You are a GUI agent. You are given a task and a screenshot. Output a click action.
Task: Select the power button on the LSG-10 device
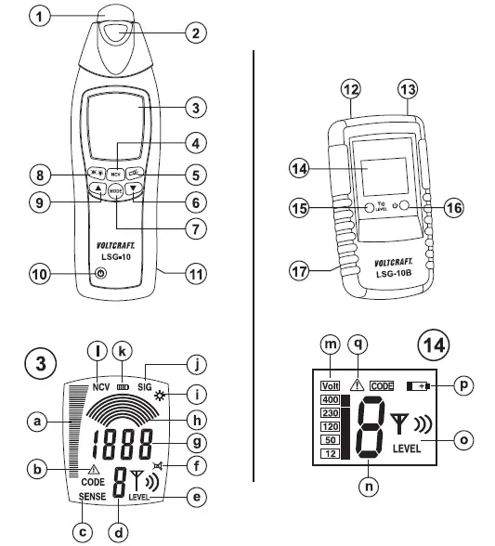pyautogui.click(x=100, y=275)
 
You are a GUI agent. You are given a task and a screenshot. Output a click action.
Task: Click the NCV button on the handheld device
pyautogui.click(x=116, y=174)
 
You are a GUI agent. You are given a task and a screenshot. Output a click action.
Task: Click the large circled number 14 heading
pyautogui.click(x=436, y=345)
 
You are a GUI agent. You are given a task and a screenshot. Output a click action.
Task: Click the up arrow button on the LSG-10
pyautogui.click(x=96, y=189)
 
